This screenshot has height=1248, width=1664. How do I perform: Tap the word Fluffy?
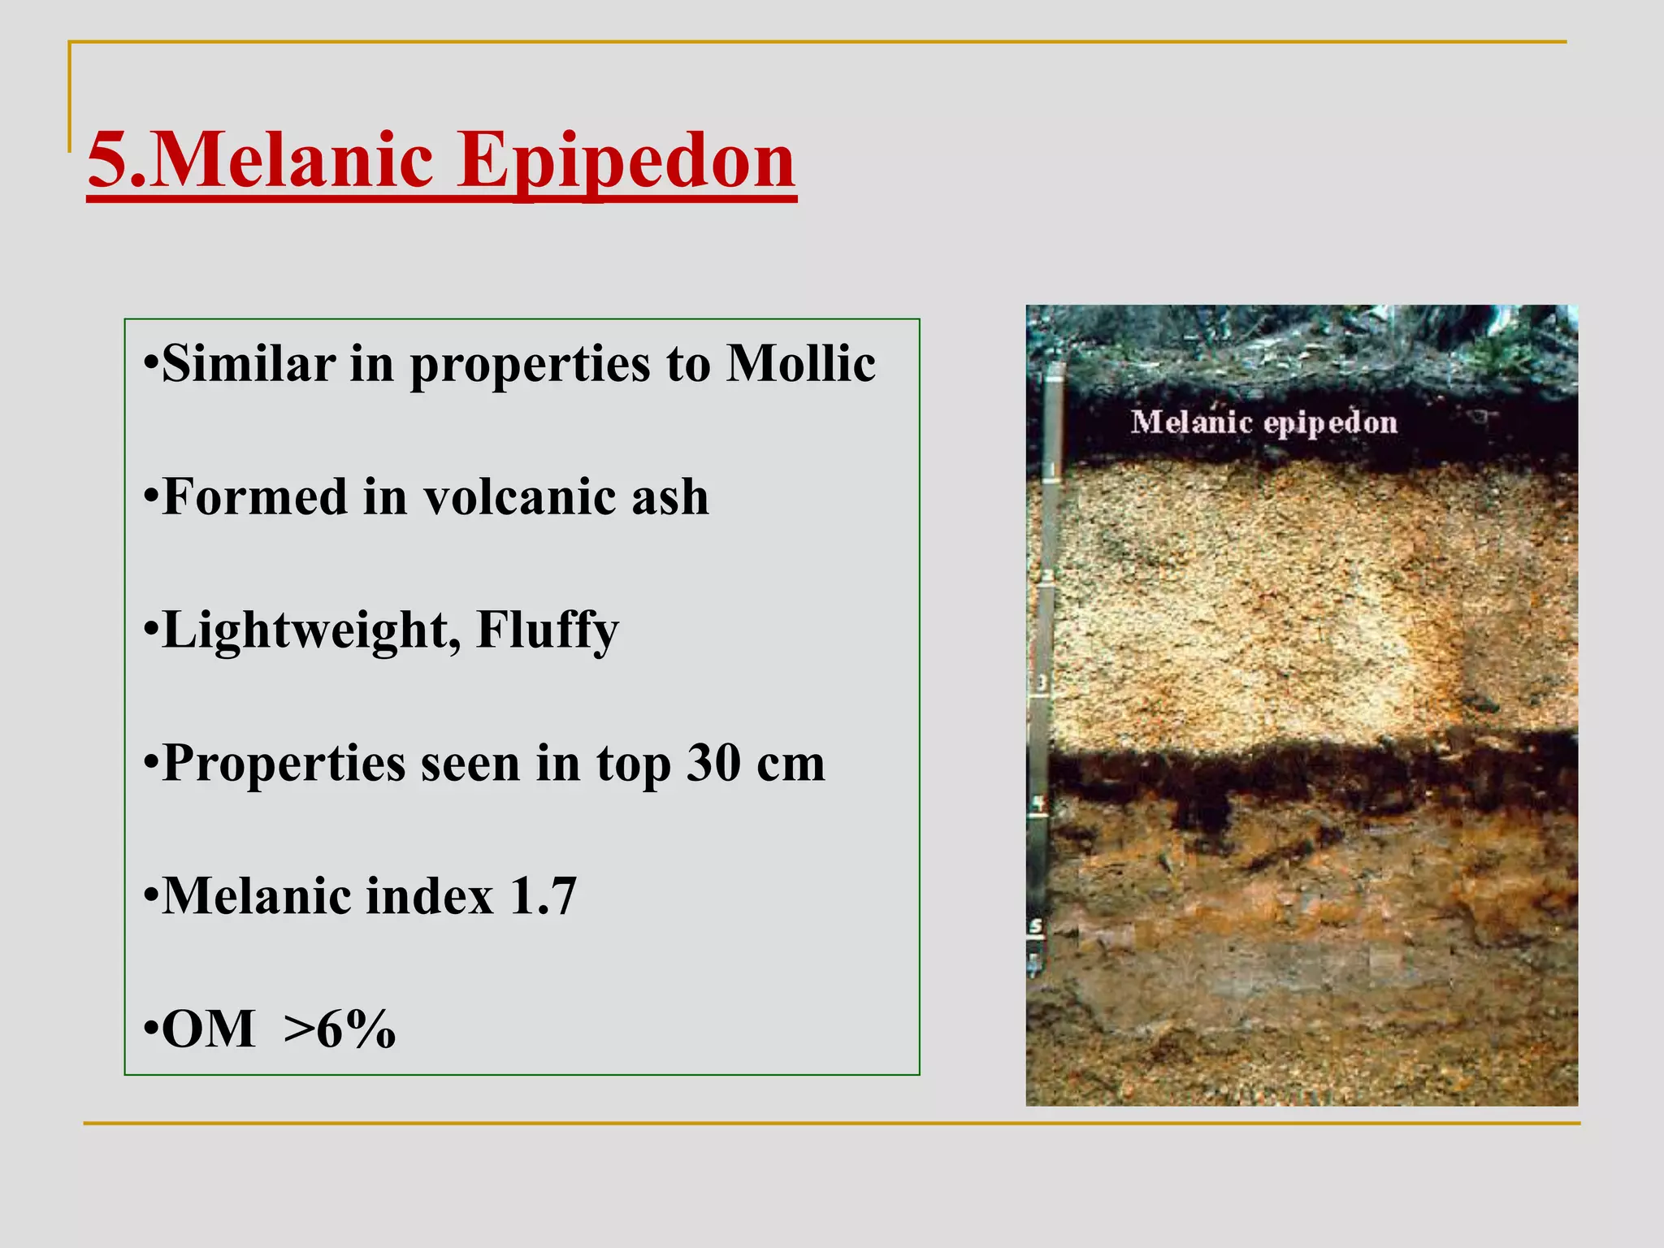[x=547, y=630]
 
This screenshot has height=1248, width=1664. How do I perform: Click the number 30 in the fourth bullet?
[x=713, y=764]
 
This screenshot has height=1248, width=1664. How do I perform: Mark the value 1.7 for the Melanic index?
[x=543, y=896]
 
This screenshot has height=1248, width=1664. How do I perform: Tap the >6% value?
[x=340, y=1029]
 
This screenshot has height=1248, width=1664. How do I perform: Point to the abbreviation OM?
[x=208, y=1029]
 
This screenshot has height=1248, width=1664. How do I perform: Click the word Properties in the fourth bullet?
[x=284, y=764]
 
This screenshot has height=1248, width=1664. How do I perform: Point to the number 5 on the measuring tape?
[x=1036, y=926]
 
